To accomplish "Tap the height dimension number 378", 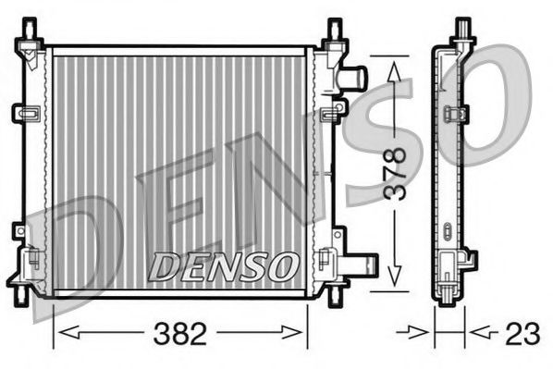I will coord(395,173).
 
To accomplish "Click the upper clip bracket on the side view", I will coord(455,115).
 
